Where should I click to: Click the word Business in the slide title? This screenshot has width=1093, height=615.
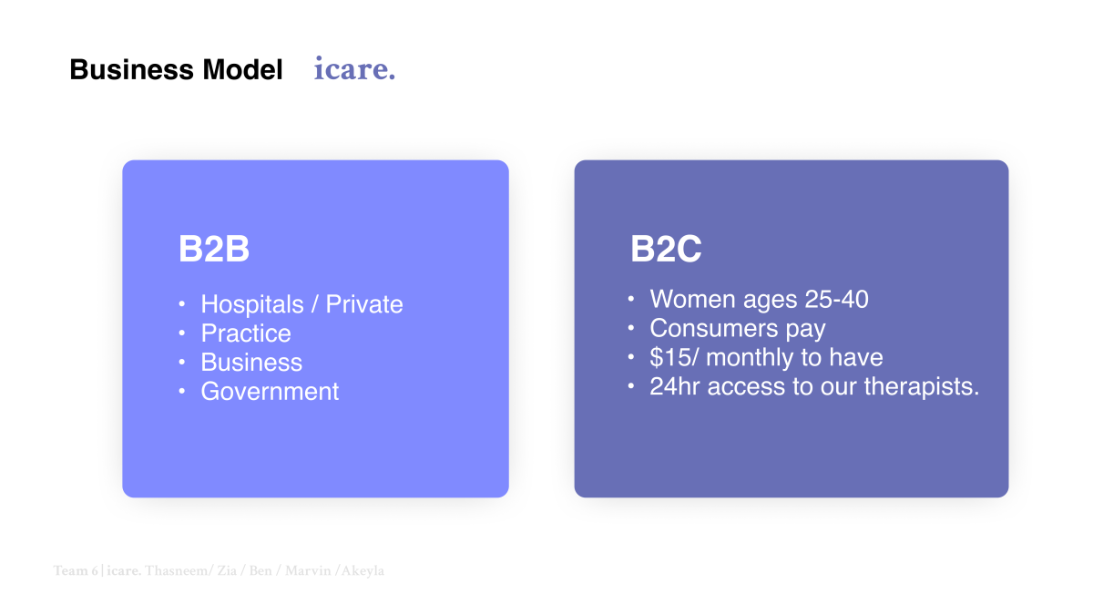[x=132, y=69]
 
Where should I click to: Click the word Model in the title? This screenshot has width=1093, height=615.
[x=242, y=69]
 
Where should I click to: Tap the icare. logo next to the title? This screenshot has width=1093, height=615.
[x=354, y=68]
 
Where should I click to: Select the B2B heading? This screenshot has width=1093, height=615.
[x=214, y=249]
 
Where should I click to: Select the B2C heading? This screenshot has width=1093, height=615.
[x=666, y=249]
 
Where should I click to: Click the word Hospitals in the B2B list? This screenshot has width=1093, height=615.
[x=252, y=304]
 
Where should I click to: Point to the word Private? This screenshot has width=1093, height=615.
[x=364, y=304]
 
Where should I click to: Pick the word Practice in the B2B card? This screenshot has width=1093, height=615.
[x=246, y=333]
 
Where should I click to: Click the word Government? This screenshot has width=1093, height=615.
[x=270, y=392]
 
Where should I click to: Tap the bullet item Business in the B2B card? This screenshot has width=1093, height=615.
[x=251, y=363]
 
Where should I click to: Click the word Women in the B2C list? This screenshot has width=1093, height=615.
[x=692, y=299]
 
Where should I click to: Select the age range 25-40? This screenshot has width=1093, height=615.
[x=836, y=299]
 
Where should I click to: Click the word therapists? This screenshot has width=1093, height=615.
[x=922, y=387]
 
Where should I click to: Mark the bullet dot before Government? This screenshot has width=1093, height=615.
[x=182, y=392]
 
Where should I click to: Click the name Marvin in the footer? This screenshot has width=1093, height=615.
[x=308, y=570]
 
